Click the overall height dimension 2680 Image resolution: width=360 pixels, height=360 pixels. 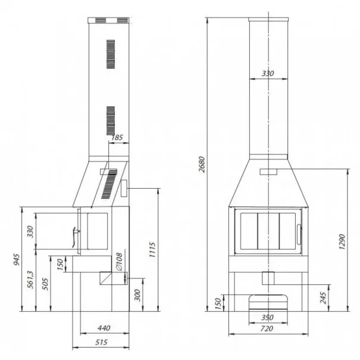pos(202,164)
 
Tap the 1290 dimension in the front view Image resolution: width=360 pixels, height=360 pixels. pos(342,242)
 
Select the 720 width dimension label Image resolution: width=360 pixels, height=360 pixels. pos(267,328)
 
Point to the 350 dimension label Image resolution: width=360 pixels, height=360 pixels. pos(268,318)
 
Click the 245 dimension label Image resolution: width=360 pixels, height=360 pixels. pos(323,298)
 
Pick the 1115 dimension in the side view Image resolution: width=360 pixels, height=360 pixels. pos(152,249)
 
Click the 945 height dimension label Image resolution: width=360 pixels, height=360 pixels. pos(17,259)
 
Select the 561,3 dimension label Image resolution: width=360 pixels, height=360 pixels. pos(30,280)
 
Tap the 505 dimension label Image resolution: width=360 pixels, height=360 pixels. pos(45,284)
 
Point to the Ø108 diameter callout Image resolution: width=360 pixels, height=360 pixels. pos(119,262)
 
